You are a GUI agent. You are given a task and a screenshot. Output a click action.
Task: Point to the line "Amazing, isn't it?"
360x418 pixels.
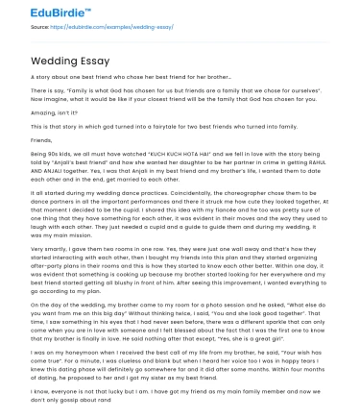point(50,111)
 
